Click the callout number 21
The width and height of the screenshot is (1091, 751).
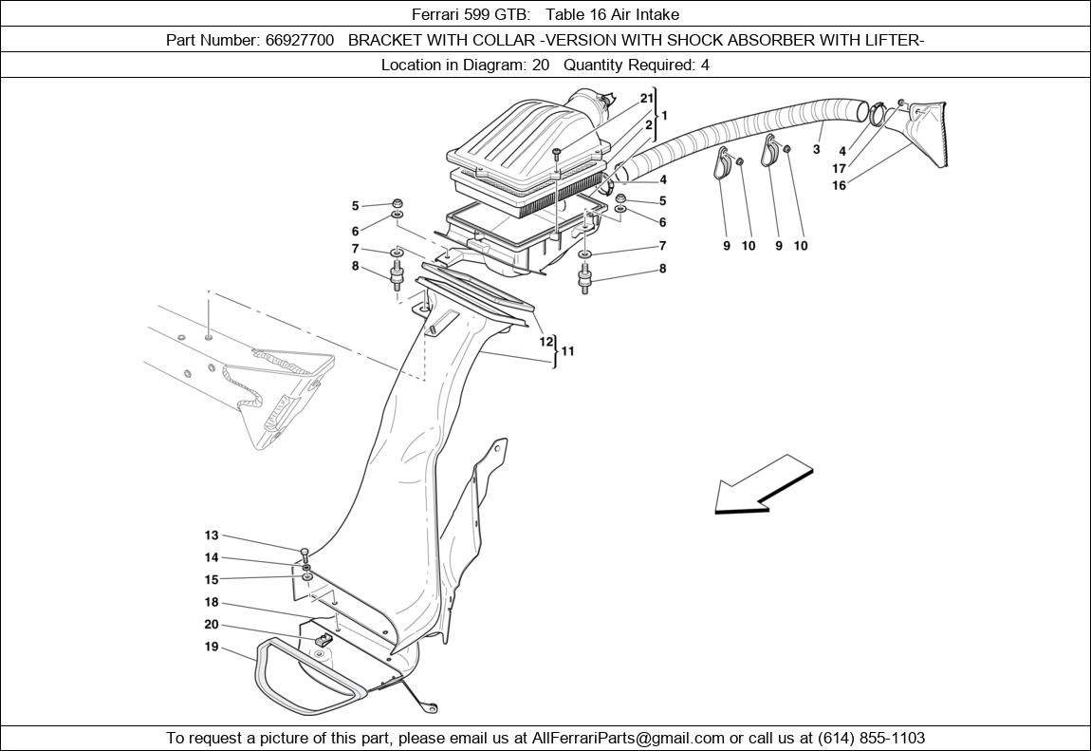tap(647, 98)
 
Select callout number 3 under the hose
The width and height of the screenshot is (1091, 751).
tap(817, 149)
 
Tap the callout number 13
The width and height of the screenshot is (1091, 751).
tap(211, 535)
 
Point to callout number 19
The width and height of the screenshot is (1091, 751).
tap(211, 647)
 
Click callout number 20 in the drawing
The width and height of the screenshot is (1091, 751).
tap(211, 624)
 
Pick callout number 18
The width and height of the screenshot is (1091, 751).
tap(211, 602)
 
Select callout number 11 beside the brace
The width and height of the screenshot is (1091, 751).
tap(568, 350)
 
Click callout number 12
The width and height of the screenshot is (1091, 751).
tap(546, 341)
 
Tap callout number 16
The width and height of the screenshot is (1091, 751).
tap(839, 185)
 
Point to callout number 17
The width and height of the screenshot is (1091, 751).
tap(839, 168)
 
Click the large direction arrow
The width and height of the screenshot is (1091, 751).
tap(763, 484)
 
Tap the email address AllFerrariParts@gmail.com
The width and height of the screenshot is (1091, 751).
tap(629, 738)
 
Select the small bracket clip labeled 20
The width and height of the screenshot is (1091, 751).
tap(323, 639)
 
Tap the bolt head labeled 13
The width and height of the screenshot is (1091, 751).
tap(305, 552)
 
